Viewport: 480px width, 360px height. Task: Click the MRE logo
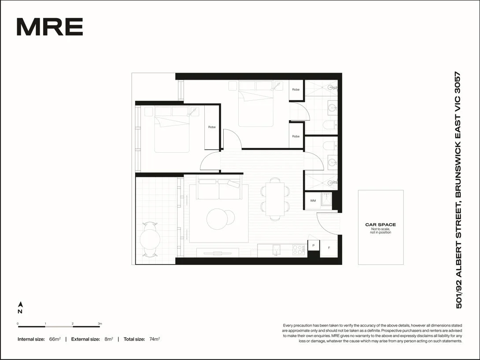pos(50,27)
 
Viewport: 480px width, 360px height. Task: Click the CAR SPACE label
pos(380,225)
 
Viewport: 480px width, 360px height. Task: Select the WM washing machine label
pos(313,201)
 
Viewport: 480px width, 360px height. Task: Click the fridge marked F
pos(329,248)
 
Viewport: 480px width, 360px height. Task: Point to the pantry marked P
pos(313,245)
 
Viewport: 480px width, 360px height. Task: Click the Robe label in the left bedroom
pos(212,127)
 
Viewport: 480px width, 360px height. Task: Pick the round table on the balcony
pos(150,239)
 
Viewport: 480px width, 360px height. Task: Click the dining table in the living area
pos(275,199)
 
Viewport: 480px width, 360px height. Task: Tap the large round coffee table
pos(218,219)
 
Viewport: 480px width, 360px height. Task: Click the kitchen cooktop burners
pos(298,250)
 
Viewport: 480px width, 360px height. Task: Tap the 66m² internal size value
pos(55,339)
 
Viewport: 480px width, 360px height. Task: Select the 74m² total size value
pos(154,339)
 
